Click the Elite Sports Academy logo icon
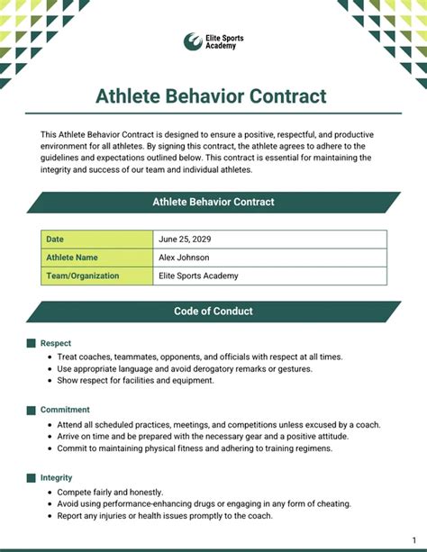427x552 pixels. (193, 41)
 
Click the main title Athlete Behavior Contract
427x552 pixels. (211, 96)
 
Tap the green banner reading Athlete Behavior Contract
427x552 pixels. (213, 202)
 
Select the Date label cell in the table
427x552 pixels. (97, 240)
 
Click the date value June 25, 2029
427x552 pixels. (185, 240)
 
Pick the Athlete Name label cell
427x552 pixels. (97, 258)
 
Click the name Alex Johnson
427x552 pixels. (184, 258)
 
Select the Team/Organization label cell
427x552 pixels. (97, 276)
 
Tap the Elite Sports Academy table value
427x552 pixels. (198, 276)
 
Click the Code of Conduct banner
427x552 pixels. (213, 312)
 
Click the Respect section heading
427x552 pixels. (56, 343)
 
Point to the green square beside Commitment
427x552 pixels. (32, 410)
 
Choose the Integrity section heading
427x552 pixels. (57, 477)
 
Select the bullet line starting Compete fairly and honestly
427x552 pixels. (110, 493)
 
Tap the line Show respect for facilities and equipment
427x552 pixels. (136, 380)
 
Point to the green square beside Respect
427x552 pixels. (32, 343)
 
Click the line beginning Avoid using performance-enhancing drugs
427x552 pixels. (204, 504)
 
